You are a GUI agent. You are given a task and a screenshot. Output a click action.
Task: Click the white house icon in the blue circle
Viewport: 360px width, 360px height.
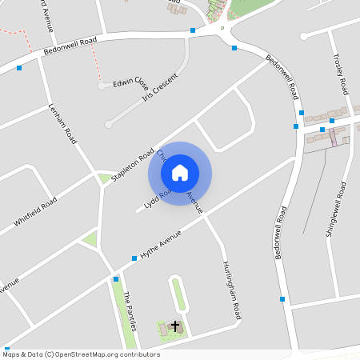pyautogui.click(x=180, y=173)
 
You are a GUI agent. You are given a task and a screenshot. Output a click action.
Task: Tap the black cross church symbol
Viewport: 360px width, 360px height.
pyautogui.click(x=175, y=326)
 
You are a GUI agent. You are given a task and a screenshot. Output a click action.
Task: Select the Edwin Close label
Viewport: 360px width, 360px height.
pyautogui.click(x=130, y=82)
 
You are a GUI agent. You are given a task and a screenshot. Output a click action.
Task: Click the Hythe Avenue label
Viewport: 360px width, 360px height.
pyautogui.click(x=161, y=243)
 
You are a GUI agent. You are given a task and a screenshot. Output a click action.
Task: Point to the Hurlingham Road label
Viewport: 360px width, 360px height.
pyautogui.click(x=231, y=291)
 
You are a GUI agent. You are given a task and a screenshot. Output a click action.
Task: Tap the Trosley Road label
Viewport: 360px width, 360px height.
pyautogui.click(x=340, y=74)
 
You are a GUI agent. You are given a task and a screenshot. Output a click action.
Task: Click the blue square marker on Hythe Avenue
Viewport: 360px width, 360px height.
pyautogui.click(x=134, y=258)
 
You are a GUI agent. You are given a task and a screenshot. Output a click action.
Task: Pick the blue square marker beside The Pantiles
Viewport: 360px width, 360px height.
pyautogui.click(x=116, y=279)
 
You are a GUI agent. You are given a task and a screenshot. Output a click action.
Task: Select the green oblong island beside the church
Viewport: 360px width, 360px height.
pyautogui.click(x=178, y=294)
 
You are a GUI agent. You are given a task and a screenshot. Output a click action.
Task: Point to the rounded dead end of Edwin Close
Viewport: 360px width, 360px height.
pyautogui.click(x=102, y=85)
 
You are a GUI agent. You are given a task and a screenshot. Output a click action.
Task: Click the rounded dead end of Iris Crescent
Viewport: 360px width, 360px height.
pyautogui.click(x=109, y=124)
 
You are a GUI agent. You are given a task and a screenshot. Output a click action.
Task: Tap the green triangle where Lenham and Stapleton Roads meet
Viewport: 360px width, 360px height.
pyautogui.click(x=104, y=178)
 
